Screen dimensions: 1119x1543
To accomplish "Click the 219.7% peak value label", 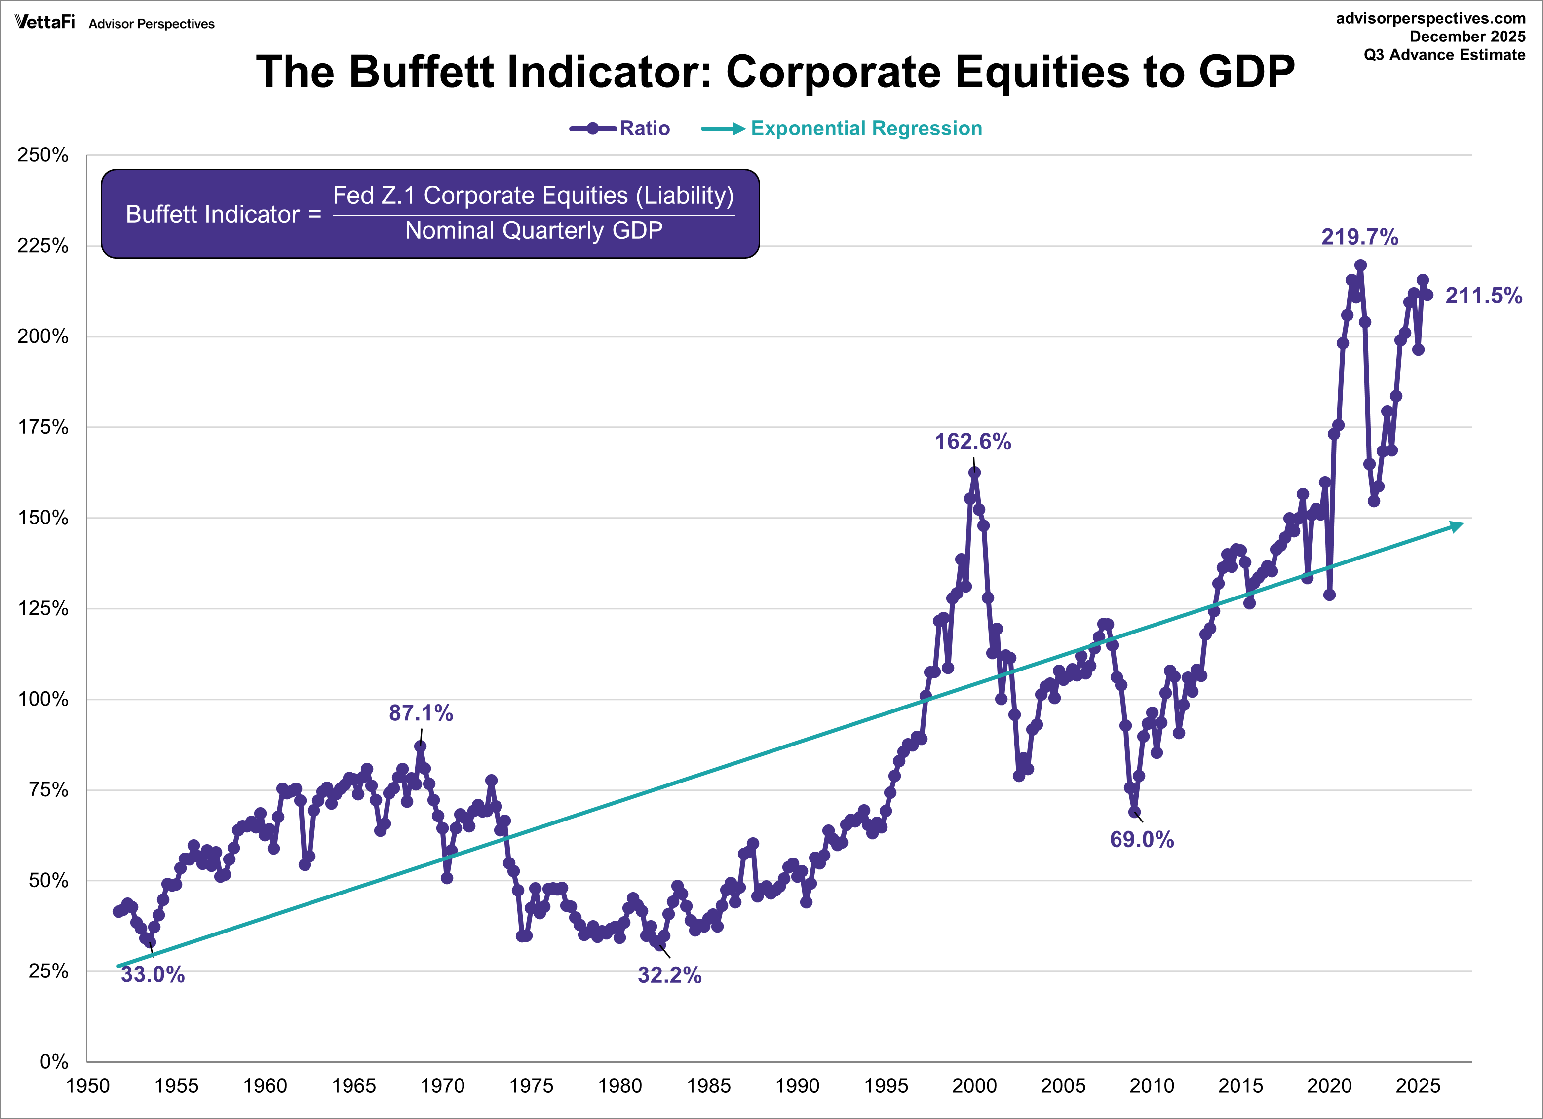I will [1359, 237].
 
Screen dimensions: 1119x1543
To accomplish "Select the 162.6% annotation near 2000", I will [972, 442].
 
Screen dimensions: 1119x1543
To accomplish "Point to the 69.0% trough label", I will [1142, 839].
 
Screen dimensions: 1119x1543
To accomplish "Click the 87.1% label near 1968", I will [421, 713].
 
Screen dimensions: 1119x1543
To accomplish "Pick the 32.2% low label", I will [669, 975].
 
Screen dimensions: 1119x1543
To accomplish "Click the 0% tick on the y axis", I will [54, 1061].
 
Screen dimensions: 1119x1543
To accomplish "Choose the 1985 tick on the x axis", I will [708, 1085].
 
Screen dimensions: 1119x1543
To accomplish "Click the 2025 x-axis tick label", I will [1418, 1085].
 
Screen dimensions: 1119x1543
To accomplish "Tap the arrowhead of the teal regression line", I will [1457, 526].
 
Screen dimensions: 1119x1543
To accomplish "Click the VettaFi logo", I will [45, 22].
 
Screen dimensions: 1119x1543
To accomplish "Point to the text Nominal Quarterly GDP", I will [534, 230].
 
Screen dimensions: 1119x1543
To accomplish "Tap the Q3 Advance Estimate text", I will [1444, 55].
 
